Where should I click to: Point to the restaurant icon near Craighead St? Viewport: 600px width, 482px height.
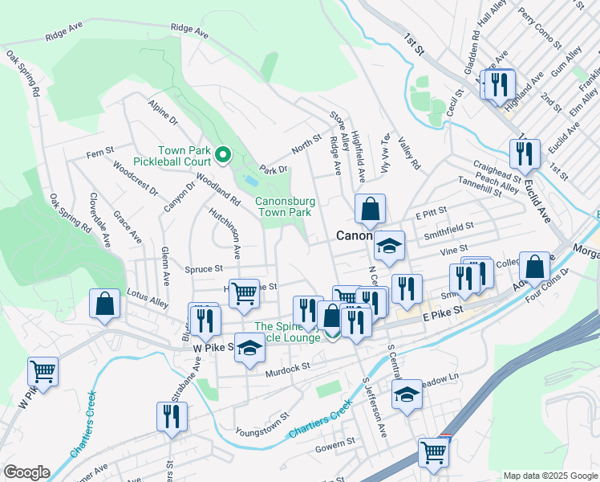(x=525, y=153)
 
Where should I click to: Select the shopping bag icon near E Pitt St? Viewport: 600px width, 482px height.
(x=370, y=210)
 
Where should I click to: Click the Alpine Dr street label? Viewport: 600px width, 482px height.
(x=163, y=112)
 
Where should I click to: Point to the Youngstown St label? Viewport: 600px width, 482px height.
(x=261, y=427)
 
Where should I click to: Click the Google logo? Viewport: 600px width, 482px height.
(x=26, y=472)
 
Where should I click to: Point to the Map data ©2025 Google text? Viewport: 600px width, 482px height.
(x=549, y=476)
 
